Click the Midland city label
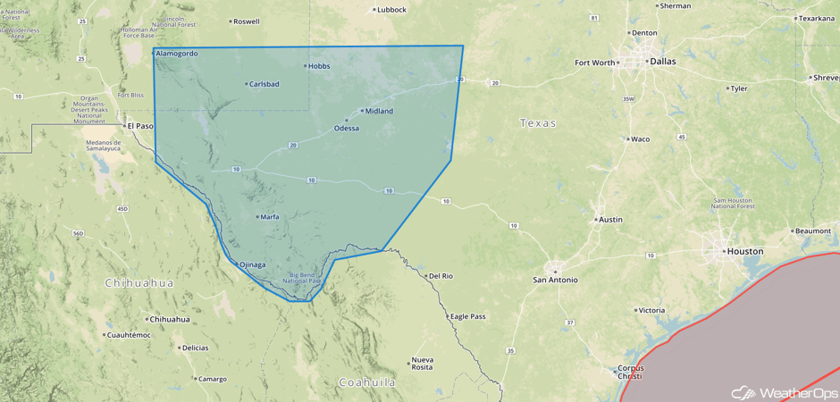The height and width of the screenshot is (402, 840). tap(379, 112)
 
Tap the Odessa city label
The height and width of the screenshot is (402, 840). tap(346, 128)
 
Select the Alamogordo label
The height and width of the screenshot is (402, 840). tap(177, 54)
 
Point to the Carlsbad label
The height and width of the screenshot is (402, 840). tap(264, 84)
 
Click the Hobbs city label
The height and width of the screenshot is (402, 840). tap(319, 65)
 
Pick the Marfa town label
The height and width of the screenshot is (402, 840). tap(269, 217)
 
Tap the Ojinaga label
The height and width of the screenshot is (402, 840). tap(251, 264)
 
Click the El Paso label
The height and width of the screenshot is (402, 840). tap(140, 126)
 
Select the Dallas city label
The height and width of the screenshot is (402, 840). tap(662, 62)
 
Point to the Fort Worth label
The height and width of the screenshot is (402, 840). tap(595, 63)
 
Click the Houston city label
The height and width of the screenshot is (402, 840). tap(744, 252)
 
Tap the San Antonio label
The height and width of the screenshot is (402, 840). tap(555, 280)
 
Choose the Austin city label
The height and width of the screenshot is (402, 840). tap(610, 220)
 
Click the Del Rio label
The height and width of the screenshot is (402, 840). tap(441, 276)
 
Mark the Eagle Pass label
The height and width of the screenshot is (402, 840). tap(467, 316)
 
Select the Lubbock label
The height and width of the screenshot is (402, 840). tap(391, 10)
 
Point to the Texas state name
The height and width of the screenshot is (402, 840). tap(538, 123)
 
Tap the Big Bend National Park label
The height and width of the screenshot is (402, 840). tap(302, 278)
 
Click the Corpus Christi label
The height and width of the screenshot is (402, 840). tap(629, 373)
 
